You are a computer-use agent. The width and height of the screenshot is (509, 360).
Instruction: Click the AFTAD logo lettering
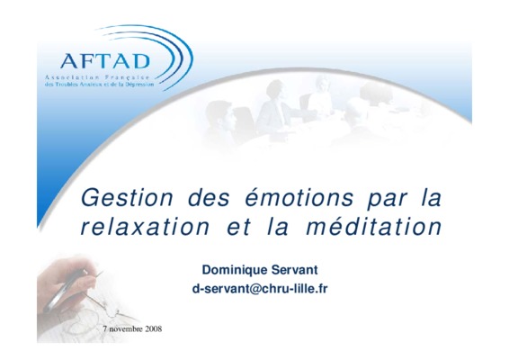point(105,61)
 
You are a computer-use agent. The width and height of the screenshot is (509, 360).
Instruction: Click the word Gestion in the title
point(128,197)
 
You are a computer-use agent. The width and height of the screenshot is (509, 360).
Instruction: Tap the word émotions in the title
point(299,197)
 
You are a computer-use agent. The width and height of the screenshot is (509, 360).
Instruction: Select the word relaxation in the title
point(145,227)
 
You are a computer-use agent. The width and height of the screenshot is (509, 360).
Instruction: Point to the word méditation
point(374,226)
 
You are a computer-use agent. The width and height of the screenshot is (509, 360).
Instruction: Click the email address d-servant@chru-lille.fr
point(260,289)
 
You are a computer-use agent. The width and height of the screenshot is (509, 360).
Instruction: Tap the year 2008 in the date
point(153,328)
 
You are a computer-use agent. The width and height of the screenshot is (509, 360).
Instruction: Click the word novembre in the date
point(126,328)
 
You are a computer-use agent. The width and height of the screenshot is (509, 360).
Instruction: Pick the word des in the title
point(209,197)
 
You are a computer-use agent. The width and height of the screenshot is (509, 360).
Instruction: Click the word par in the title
point(387,199)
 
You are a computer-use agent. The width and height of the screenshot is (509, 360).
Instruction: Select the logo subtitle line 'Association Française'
point(97,77)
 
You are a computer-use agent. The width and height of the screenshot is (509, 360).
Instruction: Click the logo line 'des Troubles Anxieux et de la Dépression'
point(99,85)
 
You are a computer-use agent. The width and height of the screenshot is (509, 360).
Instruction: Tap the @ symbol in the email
point(252,289)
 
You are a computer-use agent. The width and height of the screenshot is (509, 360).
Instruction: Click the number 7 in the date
point(105,328)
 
